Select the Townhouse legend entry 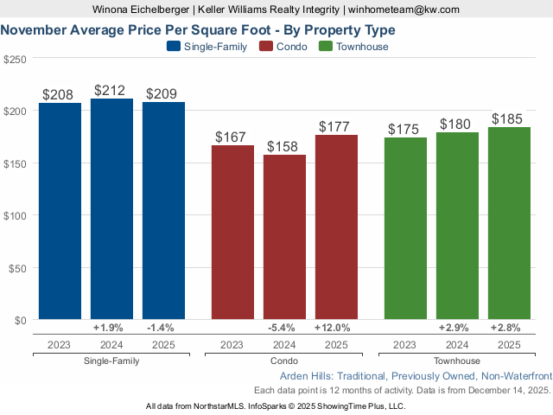(x=353, y=47)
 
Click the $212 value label (x=111, y=90)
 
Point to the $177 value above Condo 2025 (x=336, y=126)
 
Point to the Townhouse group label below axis (x=457, y=361)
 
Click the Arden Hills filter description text (x=416, y=377)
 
